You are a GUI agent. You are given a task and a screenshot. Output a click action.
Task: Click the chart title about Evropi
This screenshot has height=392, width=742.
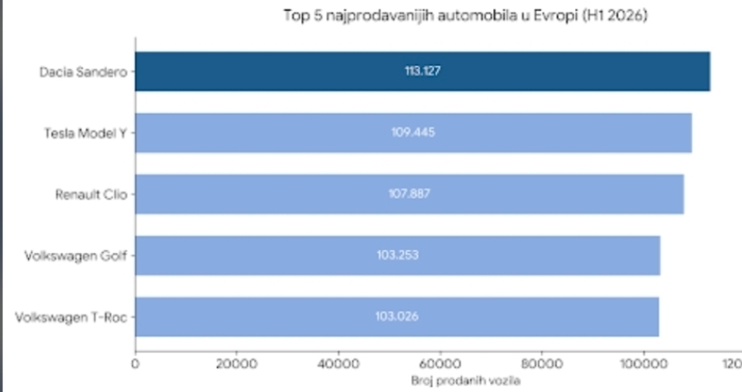pyautogui.click(x=465, y=16)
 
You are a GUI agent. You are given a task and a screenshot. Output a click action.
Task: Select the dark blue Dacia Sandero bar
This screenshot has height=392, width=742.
pyautogui.click(x=422, y=71)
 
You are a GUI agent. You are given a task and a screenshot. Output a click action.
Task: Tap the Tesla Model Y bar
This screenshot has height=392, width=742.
pyautogui.click(x=414, y=132)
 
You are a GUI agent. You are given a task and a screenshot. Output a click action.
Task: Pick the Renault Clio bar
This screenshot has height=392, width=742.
pyautogui.click(x=409, y=194)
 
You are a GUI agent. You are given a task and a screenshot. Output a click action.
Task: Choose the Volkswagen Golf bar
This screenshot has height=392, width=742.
pyautogui.click(x=397, y=256)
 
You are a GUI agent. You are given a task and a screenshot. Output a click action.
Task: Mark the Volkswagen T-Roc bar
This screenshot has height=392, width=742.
pyautogui.click(x=397, y=317)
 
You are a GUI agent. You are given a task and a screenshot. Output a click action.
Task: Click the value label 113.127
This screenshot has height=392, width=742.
pyautogui.click(x=422, y=71)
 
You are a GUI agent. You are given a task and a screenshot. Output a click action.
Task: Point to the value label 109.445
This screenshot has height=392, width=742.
pyautogui.click(x=413, y=132)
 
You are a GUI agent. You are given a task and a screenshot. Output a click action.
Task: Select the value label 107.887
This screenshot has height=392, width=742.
pyautogui.click(x=409, y=194)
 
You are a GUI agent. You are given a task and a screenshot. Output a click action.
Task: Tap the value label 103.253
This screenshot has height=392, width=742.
pyautogui.click(x=397, y=255)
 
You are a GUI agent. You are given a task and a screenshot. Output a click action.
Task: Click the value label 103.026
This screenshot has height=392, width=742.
pyautogui.click(x=397, y=316)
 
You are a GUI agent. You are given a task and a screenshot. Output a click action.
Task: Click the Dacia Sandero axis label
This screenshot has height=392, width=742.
pyautogui.click(x=84, y=72)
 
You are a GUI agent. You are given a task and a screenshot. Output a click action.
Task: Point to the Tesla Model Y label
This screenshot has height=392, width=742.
pyautogui.click(x=86, y=134)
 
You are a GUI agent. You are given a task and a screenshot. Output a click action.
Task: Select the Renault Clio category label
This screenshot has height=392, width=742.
pyautogui.click(x=91, y=194)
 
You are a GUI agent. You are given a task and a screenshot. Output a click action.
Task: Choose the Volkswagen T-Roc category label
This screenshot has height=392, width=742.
pyautogui.click(x=71, y=318)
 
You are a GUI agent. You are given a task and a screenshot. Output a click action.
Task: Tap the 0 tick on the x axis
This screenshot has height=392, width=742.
pyautogui.click(x=135, y=364)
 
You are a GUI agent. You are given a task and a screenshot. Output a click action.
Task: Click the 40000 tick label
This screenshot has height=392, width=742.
pyautogui.click(x=339, y=364)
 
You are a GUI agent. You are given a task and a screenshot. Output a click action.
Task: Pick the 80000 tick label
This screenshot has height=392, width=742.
pyautogui.click(x=542, y=364)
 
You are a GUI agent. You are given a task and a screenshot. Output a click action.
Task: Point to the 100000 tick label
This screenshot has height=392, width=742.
pyautogui.click(x=643, y=364)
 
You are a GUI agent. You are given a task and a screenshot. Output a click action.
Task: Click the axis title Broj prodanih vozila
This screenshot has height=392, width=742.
pyautogui.click(x=466, y=381)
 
